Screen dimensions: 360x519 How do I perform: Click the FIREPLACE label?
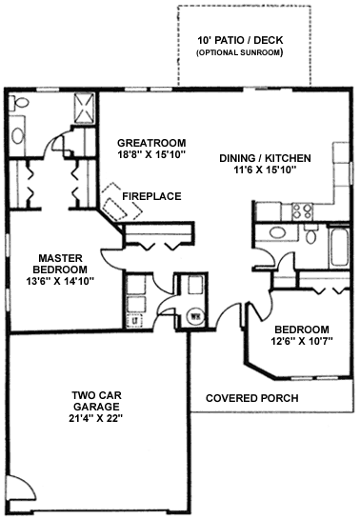[x=151, y=196]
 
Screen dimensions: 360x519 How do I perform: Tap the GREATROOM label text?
[x=151, y=143]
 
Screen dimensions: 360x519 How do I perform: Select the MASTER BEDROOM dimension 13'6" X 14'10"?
[x=60, y=281]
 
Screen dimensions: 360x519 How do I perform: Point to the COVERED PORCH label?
[x=251, y=398]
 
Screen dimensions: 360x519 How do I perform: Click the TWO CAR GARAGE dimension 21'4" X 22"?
[x=96, y=418]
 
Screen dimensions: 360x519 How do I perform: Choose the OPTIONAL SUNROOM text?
[x=240, y=52]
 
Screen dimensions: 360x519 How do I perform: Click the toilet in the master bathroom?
[x=18, y=103]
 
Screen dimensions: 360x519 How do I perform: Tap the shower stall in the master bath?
[x=84, y=109]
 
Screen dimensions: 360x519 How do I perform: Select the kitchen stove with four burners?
[x=302, y=211]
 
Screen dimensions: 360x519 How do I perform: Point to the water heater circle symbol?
[x=195, y=317]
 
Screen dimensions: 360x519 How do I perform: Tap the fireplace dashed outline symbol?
[x=122, y=202]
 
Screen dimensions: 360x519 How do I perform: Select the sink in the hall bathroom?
[x=277, y=232]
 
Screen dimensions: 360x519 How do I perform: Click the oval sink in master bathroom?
[x=17, y=135]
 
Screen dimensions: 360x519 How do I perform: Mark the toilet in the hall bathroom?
[x=310, y=234]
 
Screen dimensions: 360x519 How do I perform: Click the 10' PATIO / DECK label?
[x=240, y=40]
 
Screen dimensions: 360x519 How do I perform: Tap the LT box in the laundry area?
[x=134, y=320]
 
